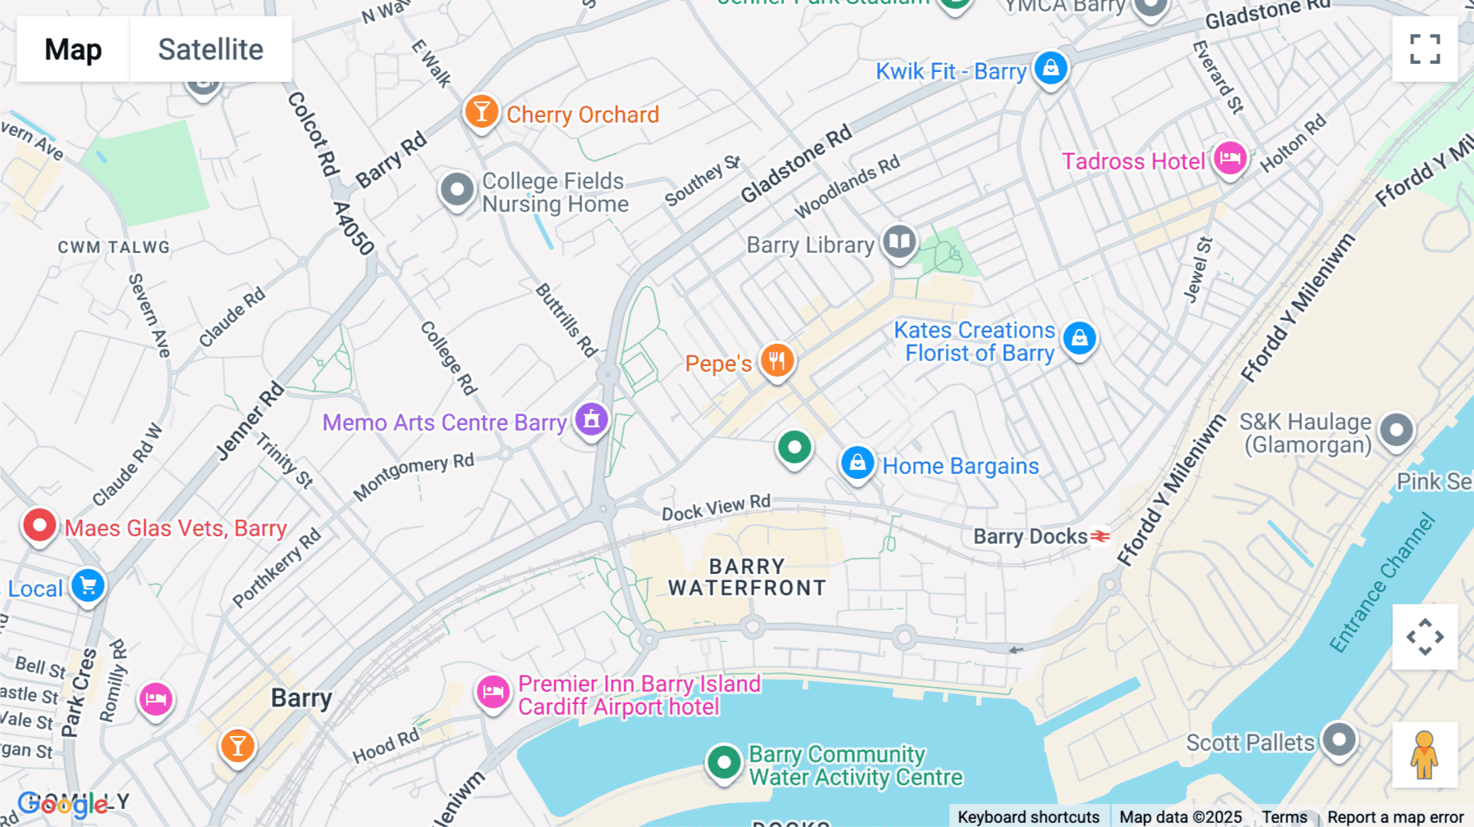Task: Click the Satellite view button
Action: click(210, 49)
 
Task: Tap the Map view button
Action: click(73, 49)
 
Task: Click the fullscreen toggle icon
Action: click(1425, 49)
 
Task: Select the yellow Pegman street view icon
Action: click(1425, 754)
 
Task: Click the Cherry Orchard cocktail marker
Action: click(482, 111)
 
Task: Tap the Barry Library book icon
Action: click(899, 242)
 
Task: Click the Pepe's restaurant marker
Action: click(777, 359)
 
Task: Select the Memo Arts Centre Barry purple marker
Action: click(591, 419)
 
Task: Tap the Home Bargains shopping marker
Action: click(857, 463)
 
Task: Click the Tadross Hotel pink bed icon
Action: click(1230, 157)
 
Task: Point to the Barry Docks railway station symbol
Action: click(1101, 536)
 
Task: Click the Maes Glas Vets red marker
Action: click(39, 525)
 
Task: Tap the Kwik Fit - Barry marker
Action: click(1051, 68)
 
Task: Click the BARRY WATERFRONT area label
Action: click(747, 577)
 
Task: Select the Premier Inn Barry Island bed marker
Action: click(493, 693)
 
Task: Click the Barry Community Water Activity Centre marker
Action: click(724, 762)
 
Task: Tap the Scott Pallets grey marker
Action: click(1340, 739)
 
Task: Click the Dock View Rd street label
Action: click(716, 508)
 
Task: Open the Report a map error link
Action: click(1395, 817)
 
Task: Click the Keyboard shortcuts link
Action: click(1029, 817)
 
